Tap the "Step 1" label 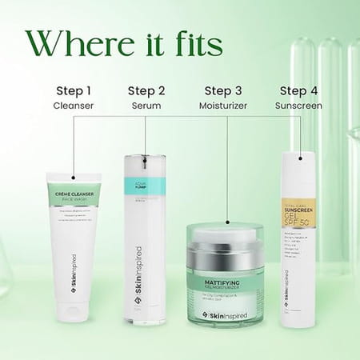pyautogui.click(x=72, y=90)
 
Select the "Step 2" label pyautogui.click(x=146, y=90)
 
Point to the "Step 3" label pyautogui.click(x=223, y=90)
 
